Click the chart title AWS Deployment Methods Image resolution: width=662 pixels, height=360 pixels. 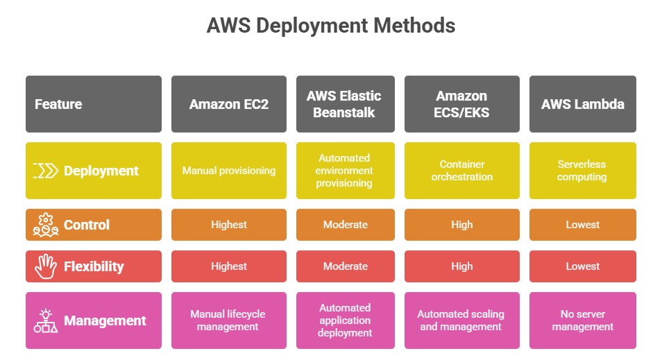point(331,26)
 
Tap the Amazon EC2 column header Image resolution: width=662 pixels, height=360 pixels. point(228,104)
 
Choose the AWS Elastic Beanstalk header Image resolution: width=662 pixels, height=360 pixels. point(345,104)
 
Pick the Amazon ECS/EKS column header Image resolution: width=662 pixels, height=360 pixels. point(461,104)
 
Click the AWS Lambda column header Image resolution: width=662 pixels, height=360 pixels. point(582,104)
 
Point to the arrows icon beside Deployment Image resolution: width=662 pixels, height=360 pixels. point(46,171)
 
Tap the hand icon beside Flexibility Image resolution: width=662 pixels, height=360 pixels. point(46,266)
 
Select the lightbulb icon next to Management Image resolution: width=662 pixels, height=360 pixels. point(46,320)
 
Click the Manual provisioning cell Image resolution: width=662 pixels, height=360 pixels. point(228,171)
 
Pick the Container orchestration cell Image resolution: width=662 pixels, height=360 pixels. point(461,171)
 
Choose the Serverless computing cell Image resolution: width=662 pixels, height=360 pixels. point(582,171)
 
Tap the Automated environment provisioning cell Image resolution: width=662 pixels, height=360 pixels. point(345,171)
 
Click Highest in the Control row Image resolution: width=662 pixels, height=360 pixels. point(228,225)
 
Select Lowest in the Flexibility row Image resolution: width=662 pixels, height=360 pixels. point(582,266)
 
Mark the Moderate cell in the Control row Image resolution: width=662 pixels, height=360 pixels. point(345,225)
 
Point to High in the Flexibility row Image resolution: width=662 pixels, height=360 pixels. point(461,266)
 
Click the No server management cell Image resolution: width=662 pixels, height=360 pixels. point(582,320)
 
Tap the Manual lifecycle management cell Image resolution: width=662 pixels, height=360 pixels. point(228,320)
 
